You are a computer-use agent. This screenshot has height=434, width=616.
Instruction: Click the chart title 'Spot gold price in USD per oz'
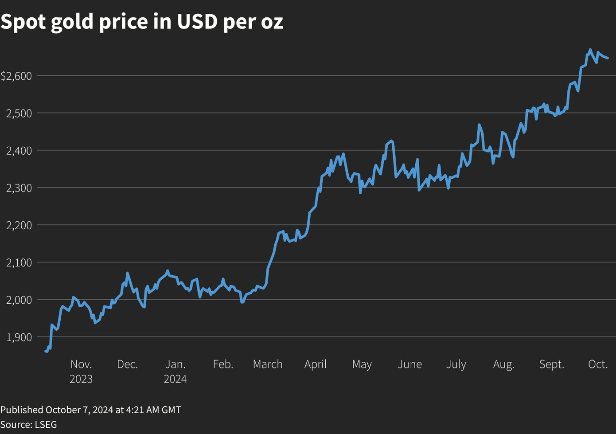(x=142, y=22)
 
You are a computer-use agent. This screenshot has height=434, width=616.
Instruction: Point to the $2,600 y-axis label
(x=16, y=76)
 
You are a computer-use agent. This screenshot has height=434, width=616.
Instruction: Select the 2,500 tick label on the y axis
(x=19, y=113)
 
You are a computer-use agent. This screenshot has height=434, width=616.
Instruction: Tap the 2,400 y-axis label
(x=19, y=151)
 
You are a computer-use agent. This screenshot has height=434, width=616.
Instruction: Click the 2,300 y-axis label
(x=19, y=188)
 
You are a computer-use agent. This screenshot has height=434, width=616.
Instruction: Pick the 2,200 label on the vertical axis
(x=19, y=225)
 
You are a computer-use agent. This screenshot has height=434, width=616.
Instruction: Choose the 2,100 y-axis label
(x=19, y=262)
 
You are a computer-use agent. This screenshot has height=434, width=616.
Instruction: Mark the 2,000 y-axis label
(x=19, y=300)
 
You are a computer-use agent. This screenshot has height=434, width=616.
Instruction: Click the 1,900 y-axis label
(x=19, y=337)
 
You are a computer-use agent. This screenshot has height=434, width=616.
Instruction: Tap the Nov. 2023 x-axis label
(x=81, y=371)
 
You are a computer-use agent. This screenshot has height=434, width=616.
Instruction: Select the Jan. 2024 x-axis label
(x=175, y=371)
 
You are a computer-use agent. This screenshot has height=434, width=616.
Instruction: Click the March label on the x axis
(x=268, y=364)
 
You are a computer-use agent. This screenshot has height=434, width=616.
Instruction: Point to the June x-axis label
(x=409, y=364)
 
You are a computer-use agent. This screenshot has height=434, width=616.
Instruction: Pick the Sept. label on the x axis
(x=551, y=364)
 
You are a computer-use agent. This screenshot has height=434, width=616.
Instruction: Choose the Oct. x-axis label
(x=598, y=364)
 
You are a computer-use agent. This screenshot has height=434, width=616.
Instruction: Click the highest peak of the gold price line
(x=590, y=50)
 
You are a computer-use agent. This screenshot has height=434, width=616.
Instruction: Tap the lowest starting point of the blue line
(x=46, y=351)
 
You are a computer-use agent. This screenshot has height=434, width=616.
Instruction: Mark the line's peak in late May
(x=391, y=141)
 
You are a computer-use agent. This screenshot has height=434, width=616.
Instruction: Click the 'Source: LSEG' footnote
(x=29, y=424)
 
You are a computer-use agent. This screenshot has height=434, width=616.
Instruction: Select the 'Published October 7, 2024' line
(x=90, y=410)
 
